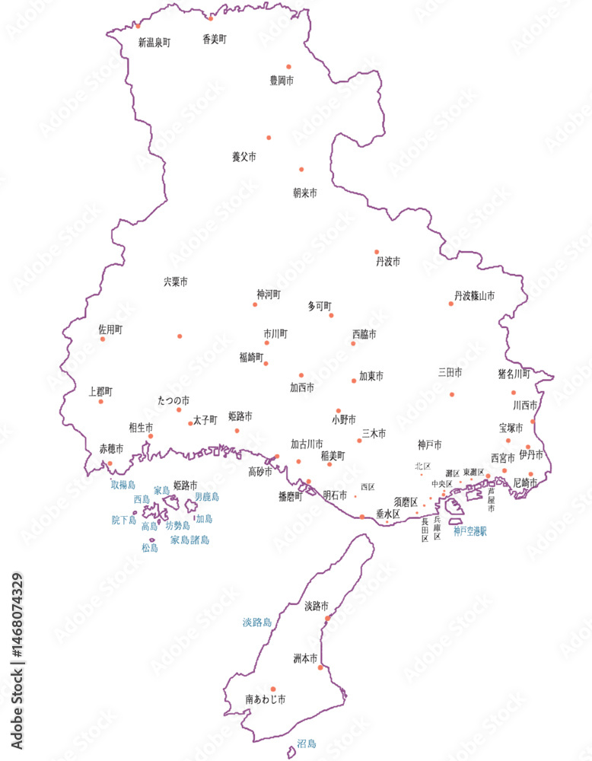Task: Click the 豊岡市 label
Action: point(282,79)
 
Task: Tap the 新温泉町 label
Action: point(154,43)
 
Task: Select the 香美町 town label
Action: point(215,39)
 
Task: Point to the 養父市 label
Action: point(243,157)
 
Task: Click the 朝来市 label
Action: point(305,193)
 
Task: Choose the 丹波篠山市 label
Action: point(474,296)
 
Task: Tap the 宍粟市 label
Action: point(175,282)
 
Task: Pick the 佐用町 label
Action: point(110,330)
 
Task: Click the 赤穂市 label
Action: point(111,448)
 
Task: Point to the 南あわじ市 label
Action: point(265,698)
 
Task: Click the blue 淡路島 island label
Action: point(257,622)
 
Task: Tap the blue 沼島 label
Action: point(306,743)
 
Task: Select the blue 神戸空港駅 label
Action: point(470,530)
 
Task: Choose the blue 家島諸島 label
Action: point(189,540)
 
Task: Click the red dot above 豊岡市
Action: point(288,66)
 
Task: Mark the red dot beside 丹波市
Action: point(376,251)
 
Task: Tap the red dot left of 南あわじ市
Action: point(273,689)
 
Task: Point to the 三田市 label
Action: point(450,373)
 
